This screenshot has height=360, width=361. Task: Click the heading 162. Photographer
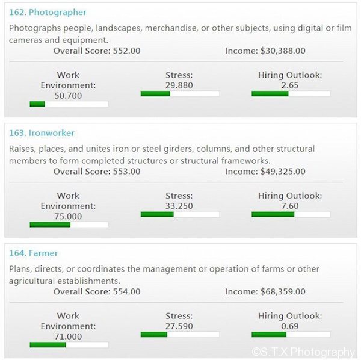click(x=48, y=12)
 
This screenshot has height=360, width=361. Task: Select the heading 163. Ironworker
click(x=42, y=132)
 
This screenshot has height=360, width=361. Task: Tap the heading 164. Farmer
click(x=34, y=253)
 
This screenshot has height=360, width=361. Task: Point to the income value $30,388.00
click(x=283, y=51)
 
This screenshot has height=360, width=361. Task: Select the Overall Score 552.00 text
click(x=97, y=51)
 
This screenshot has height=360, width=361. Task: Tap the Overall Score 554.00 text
click(x=97, y=292)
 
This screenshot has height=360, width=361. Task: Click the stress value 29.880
click(x=179, y=85)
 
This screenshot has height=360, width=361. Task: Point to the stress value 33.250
click(x=179, y=205)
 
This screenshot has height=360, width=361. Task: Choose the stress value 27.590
click(x=179, y=326)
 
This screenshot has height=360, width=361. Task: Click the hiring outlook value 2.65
click(x=290, y=85)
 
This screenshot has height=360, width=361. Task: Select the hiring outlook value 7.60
click(x=290, y=205)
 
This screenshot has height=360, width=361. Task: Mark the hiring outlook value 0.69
click(x=290, y=326)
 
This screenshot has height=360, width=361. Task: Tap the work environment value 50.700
click(x=68, y=95)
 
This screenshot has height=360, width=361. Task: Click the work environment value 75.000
click(x=68, y=216)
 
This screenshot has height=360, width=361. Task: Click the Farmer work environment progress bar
click(x=69, y=345)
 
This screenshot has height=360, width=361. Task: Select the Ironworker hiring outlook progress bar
click(x=291, y=214)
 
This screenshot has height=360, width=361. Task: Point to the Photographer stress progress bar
click(x=180, y=94)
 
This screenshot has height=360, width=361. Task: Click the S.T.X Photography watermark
click(x=304, y=352)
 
